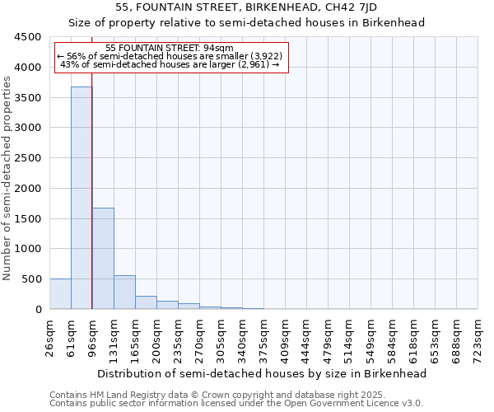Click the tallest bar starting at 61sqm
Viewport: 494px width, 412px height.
(82, 198)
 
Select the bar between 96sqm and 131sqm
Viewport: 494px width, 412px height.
(103, 259)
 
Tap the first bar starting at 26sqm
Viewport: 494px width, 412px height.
(60, 294)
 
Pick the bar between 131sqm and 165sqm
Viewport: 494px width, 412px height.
(124, 293)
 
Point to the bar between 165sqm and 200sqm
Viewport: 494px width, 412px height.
(146, 302)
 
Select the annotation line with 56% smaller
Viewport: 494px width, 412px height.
(170, 56)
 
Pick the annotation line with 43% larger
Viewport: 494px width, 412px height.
(170, 64)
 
